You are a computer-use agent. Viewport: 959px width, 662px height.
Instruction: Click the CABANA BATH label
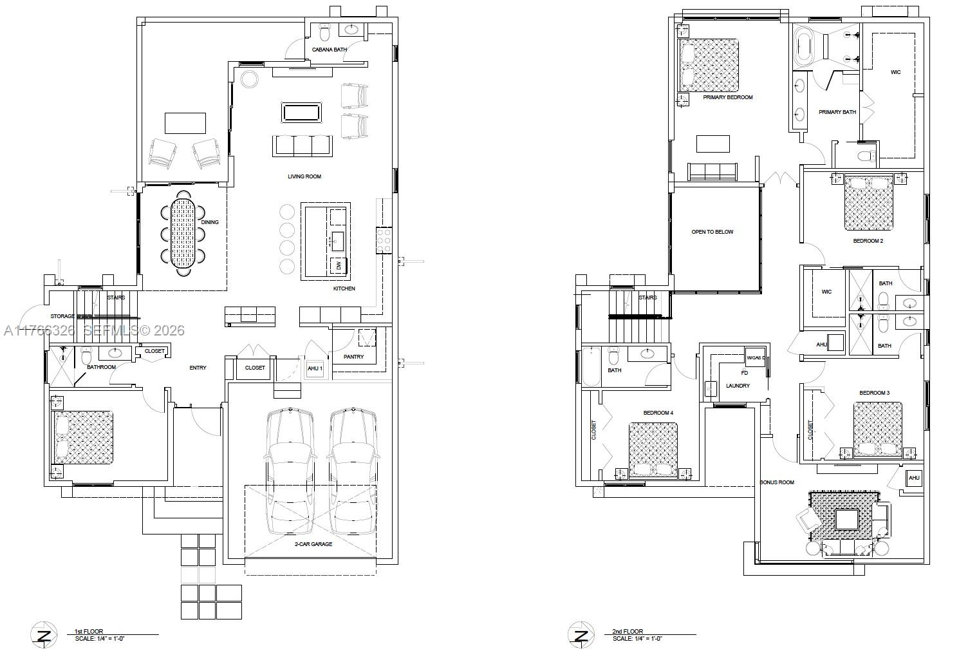(x=330, y=50)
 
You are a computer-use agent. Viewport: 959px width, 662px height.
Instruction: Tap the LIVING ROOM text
(x=304, y=176)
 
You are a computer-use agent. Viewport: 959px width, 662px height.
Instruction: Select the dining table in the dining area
(x=183, y=233)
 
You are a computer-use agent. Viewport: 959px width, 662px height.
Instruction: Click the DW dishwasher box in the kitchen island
(x=339, y=265)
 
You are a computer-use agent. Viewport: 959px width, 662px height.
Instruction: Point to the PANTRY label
(x=353, y=357)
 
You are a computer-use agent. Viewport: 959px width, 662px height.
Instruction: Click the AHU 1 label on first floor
(x=315, y=368)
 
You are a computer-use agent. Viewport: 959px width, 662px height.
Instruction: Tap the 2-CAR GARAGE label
(x=313, y=544)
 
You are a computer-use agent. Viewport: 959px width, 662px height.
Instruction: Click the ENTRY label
(x=198, y=368)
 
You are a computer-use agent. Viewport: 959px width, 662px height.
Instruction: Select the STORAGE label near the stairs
(x=62, y=316)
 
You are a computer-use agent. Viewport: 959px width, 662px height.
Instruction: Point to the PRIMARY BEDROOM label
(x=727, y=97)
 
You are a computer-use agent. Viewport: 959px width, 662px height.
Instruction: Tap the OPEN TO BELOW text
(x=712, y=232)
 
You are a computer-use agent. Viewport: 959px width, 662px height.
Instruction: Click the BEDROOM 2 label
(x=868, y=241)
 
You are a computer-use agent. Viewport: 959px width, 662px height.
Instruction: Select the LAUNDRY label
(x=738, y=386)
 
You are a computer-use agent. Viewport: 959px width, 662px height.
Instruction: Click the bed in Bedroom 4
(x=653, y=449)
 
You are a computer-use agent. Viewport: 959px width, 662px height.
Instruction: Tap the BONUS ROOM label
(x=777, y=482)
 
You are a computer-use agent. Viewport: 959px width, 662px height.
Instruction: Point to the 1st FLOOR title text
(x=89, y=632)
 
